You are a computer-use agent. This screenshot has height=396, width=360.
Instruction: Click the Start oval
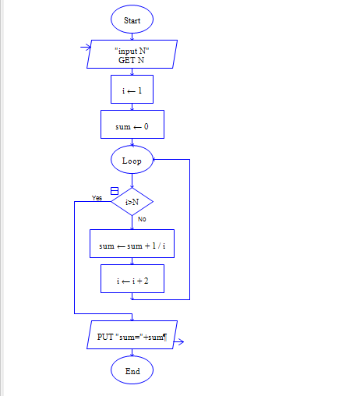[132, 19]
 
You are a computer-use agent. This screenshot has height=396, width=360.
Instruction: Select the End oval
[132, 370]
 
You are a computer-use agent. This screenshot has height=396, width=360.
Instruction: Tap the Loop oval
[132, 160]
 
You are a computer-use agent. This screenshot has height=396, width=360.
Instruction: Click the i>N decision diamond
[132, 202]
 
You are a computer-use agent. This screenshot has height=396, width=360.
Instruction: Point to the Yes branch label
[97, 198]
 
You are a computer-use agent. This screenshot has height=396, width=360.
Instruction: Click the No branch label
[142, 219]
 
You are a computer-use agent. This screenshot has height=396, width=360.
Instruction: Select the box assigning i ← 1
[132, 90]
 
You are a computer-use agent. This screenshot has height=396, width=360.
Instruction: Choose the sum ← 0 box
[132, 125]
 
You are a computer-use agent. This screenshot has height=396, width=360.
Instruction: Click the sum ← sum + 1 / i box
[132, 244]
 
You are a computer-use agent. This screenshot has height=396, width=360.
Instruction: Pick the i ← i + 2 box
[132, 279]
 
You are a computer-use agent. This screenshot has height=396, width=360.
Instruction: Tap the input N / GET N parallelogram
[132, 55]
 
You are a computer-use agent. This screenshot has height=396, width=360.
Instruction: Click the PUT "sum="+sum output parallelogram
[132, 335]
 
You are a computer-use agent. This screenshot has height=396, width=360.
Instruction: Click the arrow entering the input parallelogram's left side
[86, 48]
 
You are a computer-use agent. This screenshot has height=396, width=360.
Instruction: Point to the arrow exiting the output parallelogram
[178, 342]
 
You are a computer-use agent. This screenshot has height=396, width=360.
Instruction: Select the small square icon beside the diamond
[115, 191]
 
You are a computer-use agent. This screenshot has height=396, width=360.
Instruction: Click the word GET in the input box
[126, 60]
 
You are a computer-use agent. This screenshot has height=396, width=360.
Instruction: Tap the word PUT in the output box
[105, 337]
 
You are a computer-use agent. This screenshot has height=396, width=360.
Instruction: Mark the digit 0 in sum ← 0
[146, 126]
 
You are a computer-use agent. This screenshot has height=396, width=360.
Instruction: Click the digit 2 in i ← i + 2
[146, 281]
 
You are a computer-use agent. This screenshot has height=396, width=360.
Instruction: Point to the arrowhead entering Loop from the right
[154, 160]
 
